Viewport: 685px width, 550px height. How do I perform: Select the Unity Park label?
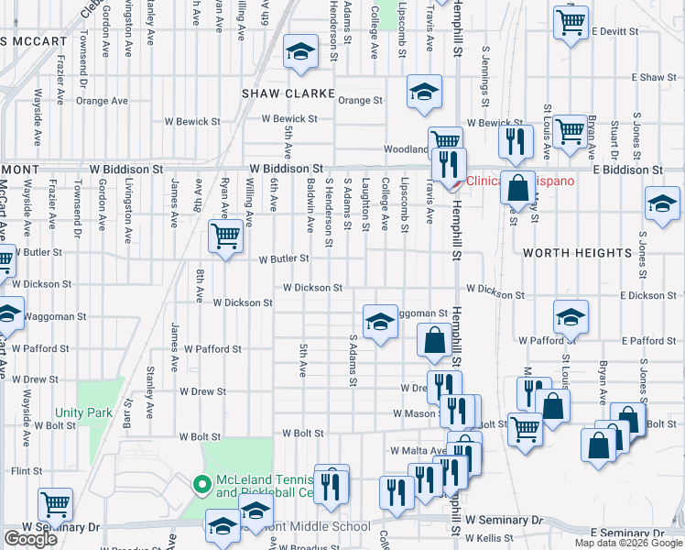pyautogui.click(x=83, y=412)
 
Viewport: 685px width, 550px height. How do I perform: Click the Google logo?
pyautogui.click(x=30, y=539)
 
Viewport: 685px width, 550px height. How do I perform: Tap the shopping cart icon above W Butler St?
pyautogui.click(x=225, y=235)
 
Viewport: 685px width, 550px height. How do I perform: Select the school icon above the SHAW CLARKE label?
pyautogui.click(x=299, y=52)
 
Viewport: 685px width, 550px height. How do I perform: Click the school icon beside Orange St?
pyautogui.click(x=424, y=91)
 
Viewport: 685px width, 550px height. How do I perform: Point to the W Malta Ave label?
pyautogui.click(x=417, y=450)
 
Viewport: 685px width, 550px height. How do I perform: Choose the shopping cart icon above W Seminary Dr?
pyautogui.click(x=55, y=503)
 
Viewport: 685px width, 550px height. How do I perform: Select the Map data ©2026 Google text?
pyautogui.click(x=628, y=543)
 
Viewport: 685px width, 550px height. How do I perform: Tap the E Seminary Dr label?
pyautogui.click(x=628, y=533)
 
